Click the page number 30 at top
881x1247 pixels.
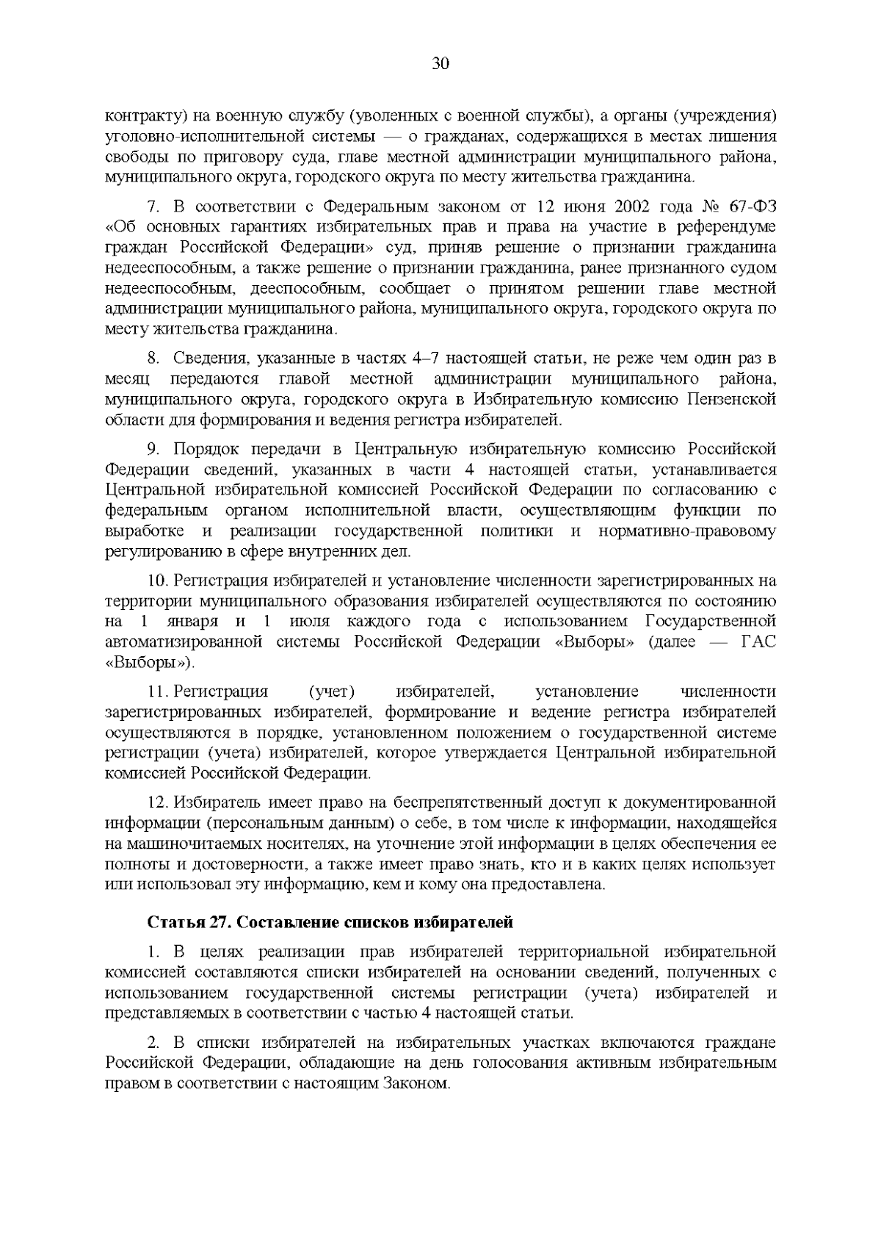[x=440, y=64]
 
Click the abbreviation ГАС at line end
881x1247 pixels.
[x=758, y=642]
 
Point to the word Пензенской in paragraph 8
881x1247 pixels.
[x=734, y=400]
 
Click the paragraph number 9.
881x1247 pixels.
[x=153, y=449]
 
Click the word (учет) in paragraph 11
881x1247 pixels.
[x=332, y=691]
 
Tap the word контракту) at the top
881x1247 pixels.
[x=141, y=115]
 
